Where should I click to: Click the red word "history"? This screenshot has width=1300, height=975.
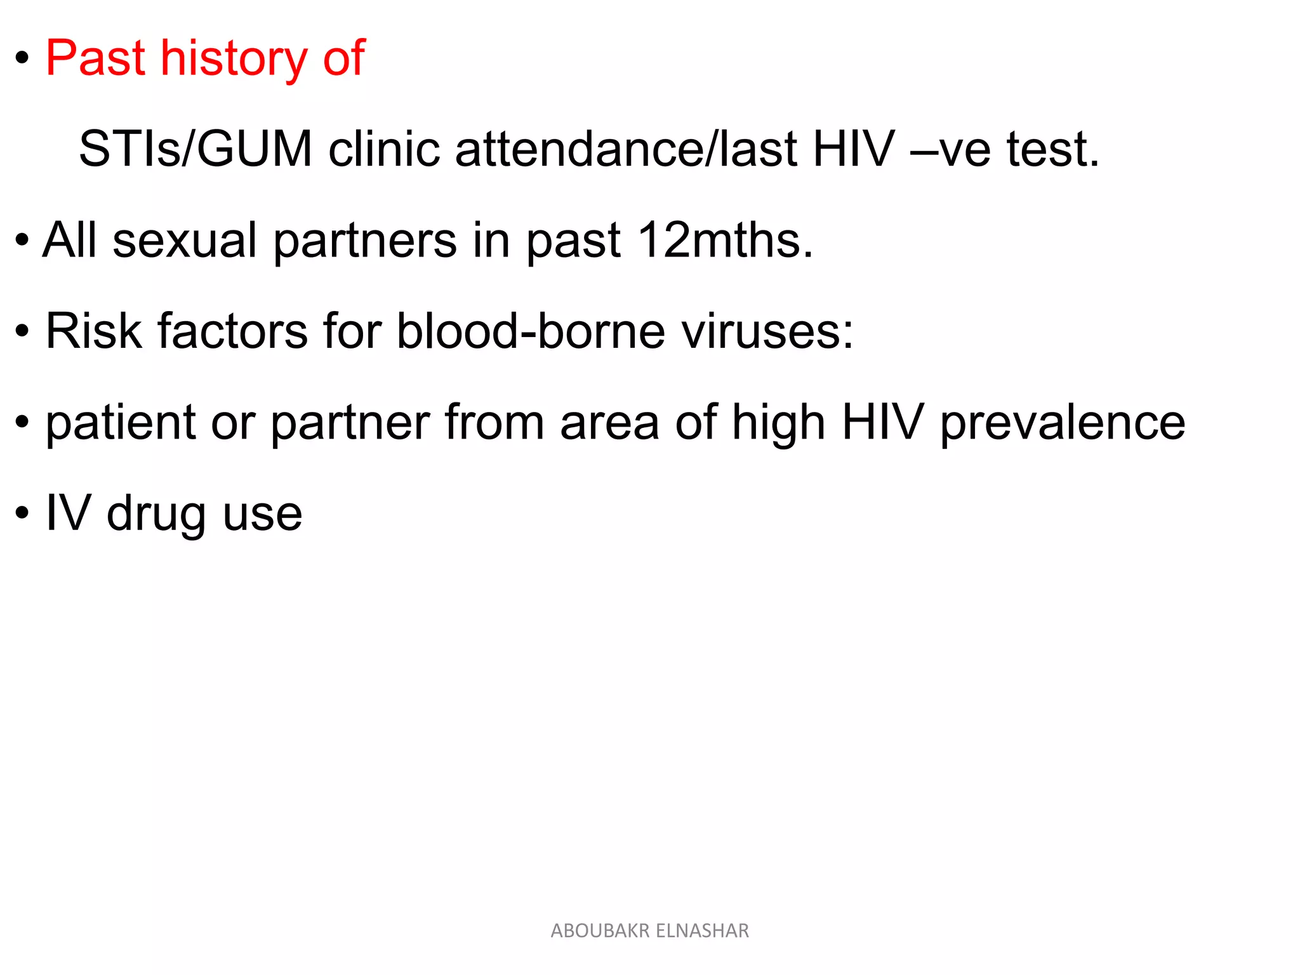point(234,58)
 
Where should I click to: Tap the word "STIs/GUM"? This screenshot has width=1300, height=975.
point(196,149)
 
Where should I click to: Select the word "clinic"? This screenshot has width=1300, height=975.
point(384,149)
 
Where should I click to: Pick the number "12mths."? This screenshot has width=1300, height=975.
point(726,241)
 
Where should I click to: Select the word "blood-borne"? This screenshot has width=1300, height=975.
point(531,331)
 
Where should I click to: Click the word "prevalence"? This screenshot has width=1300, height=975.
point(1062,423)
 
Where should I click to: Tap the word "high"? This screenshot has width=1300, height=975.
point(778,423)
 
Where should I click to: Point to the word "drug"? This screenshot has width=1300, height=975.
point(156,514)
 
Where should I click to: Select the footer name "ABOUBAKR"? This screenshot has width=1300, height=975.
point(600,931)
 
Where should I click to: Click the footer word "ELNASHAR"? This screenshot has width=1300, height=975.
point(702,931)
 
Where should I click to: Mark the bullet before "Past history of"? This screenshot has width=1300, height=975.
point(22,60)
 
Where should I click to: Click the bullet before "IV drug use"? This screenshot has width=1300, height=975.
point(22,514)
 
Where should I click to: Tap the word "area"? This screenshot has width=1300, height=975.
point(609,423)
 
